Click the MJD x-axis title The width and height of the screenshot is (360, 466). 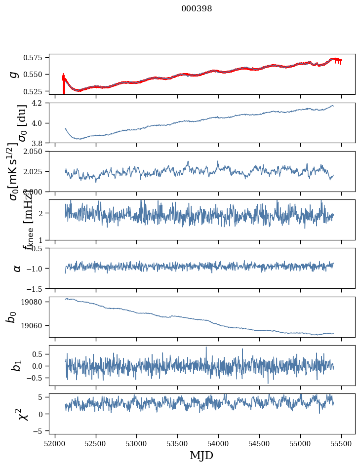(201, 455)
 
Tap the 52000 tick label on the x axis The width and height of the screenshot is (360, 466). (55, 443)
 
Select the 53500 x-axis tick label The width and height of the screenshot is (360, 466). (178, 443)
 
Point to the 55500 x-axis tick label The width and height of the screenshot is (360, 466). (342, 443)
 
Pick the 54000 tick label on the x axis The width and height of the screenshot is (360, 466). (219, 443)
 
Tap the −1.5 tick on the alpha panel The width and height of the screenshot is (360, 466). (40, 288)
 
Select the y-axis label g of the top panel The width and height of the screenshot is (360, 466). (14, 74)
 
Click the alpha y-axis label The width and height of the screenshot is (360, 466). (17, 268)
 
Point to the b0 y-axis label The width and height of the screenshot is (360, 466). (12, 317)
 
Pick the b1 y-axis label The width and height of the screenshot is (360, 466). (17, 365)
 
